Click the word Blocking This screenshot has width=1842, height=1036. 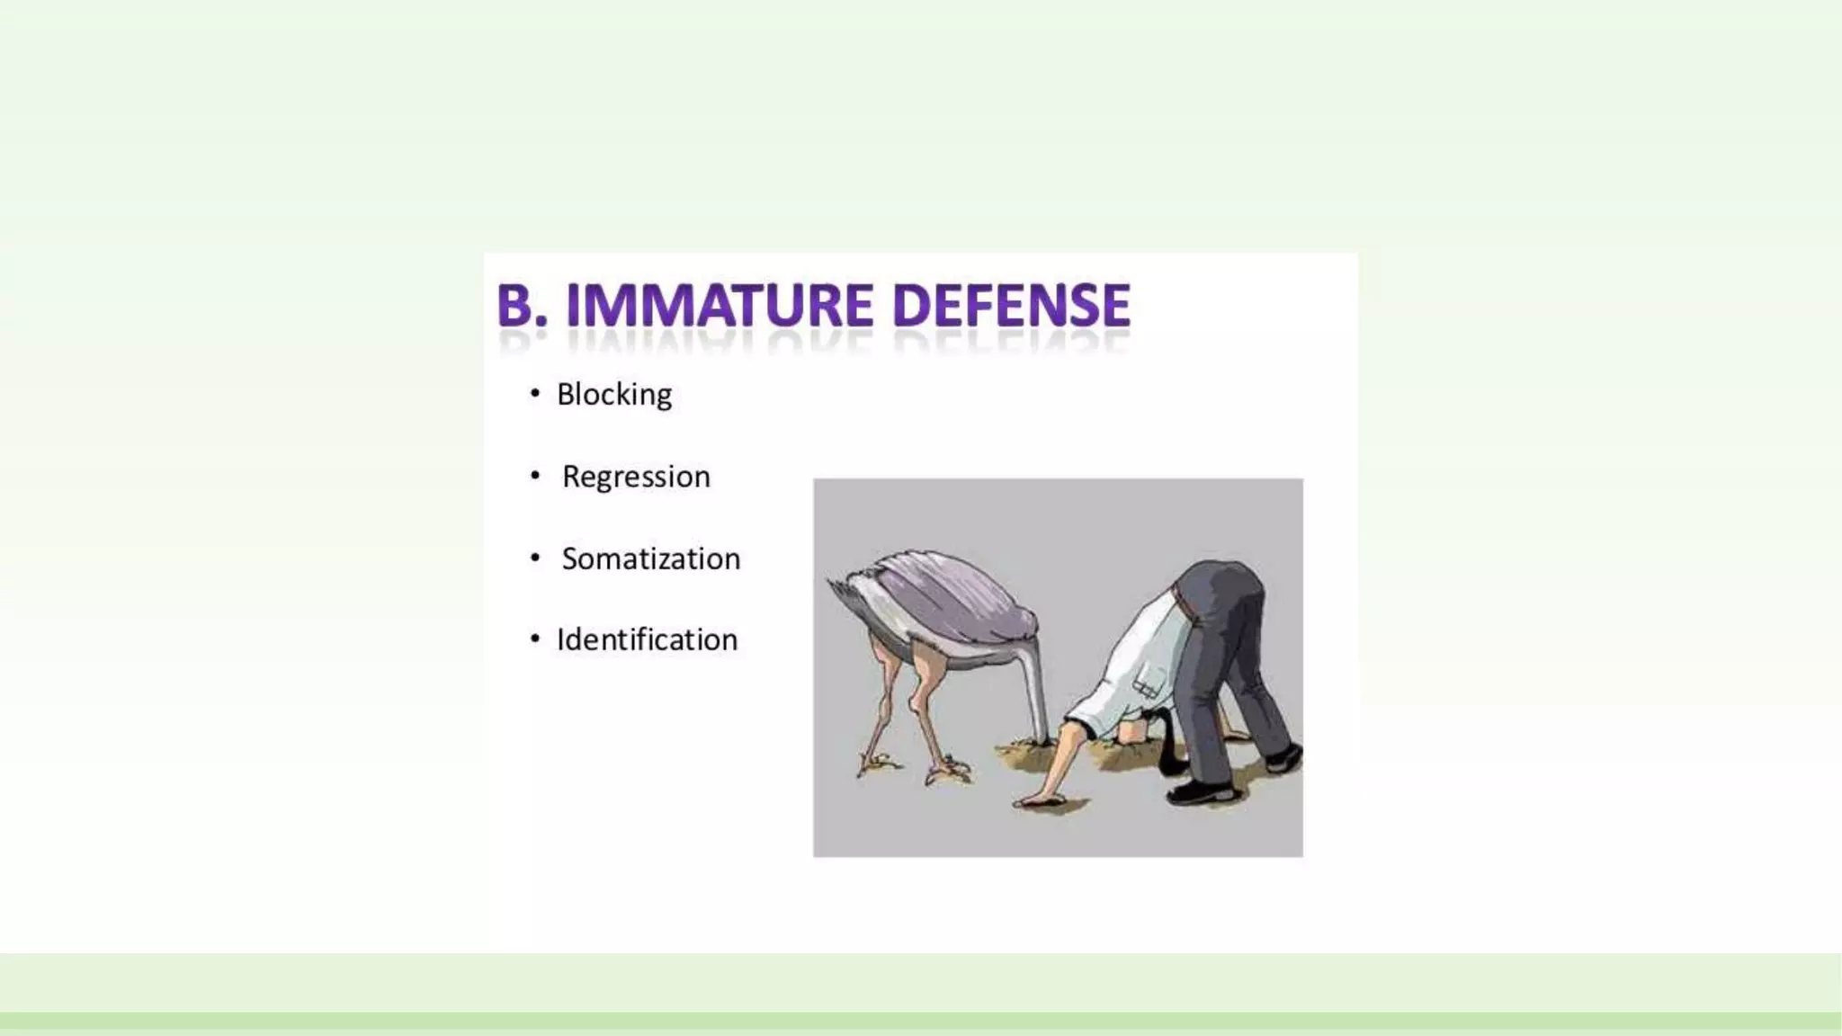point(614,394)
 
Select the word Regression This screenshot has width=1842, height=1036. point(636,477)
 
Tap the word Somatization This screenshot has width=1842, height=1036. point(650,558)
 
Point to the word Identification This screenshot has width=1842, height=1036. point(647,639)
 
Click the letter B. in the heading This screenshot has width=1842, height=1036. point(522,306)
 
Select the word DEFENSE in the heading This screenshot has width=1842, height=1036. point(1011,306)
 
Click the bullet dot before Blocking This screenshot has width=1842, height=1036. point(535,393)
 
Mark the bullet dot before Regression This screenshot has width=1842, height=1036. point(535,475)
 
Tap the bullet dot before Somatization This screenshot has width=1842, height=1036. point(535,558)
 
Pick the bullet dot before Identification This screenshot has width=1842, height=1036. point(535,639)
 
